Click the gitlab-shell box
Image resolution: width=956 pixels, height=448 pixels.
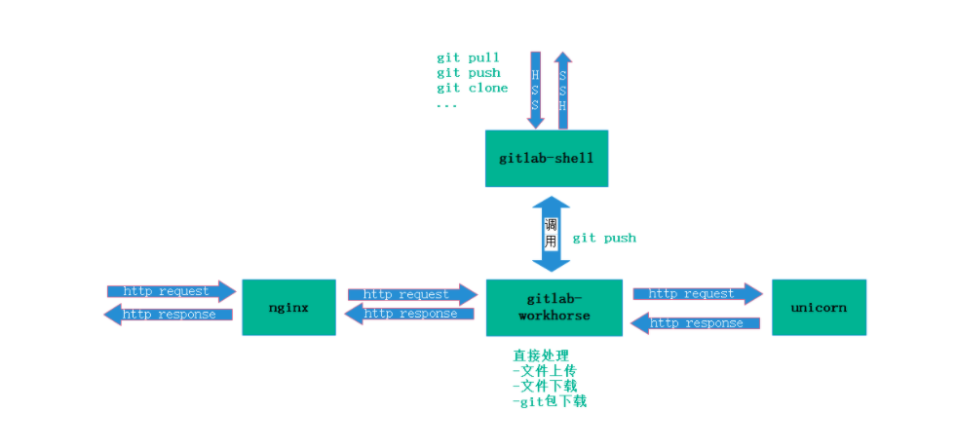(546, 158)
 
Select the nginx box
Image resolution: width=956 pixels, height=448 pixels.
(288, 307)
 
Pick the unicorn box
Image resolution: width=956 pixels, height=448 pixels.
(819, 307)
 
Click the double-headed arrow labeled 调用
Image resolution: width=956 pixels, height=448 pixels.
(551, 234)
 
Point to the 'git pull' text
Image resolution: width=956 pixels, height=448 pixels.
(468, 57)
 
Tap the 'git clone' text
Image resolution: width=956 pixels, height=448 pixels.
(473, 88)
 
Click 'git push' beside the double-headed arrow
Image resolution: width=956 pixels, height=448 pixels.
(604, 238)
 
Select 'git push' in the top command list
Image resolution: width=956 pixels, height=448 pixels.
(469, 73)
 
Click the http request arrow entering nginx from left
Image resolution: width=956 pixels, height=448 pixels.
(172, 291)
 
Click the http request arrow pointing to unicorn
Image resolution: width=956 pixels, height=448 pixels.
(697, 293)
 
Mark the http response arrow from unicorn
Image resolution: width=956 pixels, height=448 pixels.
(696, 323)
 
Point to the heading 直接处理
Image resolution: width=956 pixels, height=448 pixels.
(541, 355)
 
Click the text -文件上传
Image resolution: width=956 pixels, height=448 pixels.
(545, 371)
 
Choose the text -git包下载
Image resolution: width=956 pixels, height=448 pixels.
(550, 401)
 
